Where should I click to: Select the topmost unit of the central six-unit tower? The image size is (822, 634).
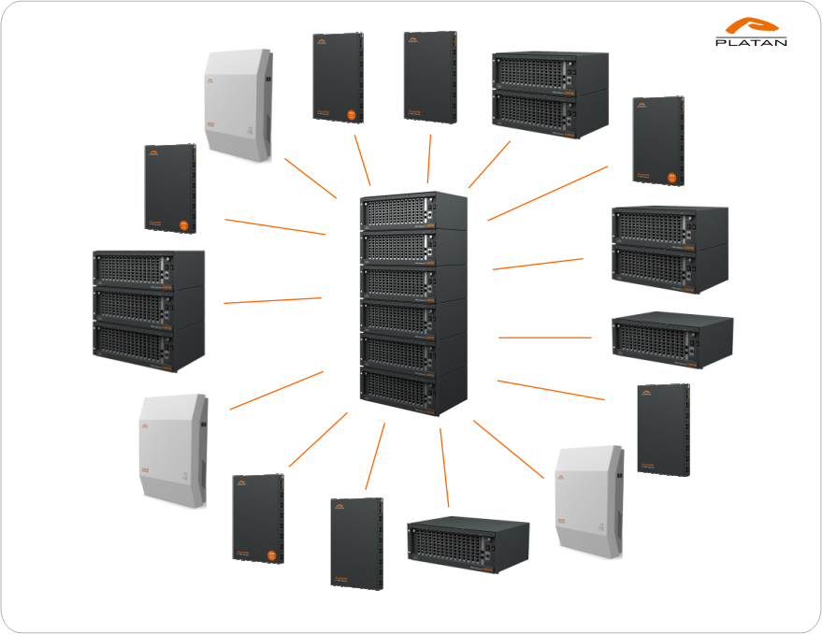412,212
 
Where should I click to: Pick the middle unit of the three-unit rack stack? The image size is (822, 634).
148,306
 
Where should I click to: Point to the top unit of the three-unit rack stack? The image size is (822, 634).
148,269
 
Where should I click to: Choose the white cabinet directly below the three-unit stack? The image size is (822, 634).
172,450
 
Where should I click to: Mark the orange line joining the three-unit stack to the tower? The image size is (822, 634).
272,300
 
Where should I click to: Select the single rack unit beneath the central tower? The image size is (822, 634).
467,544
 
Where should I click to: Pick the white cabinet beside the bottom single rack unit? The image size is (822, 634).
587,501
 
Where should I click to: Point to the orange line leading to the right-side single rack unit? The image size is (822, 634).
544,337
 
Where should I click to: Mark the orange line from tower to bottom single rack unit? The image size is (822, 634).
444,467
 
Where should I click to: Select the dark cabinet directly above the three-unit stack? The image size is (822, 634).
169,188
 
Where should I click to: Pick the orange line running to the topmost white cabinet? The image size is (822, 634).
310,178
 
